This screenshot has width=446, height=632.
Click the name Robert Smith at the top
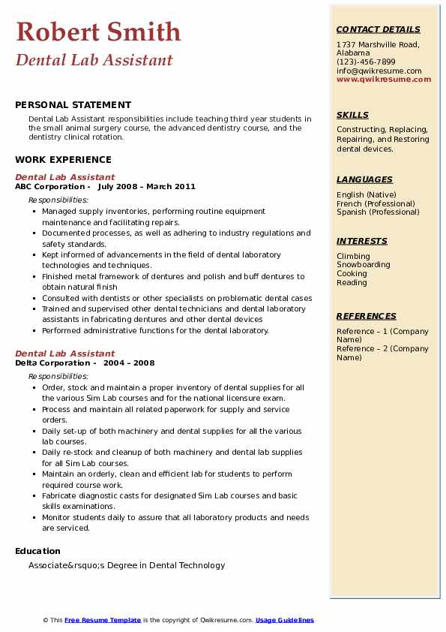[97, 32]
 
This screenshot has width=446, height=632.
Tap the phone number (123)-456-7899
[366, 62]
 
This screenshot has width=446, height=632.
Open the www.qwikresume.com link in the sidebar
[384, 79]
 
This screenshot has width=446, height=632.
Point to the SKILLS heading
[352, 115]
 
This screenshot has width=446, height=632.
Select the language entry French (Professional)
[376, 203]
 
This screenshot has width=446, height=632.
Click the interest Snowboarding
[363, 265]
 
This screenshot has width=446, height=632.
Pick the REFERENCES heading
[366, 316]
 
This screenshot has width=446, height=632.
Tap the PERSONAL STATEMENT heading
[73, 105]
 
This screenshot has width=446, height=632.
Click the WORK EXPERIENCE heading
[63, 159]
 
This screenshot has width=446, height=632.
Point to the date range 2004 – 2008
[129, 363]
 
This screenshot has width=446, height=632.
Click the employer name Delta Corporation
[52, 363]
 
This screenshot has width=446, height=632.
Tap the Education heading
[38, 551]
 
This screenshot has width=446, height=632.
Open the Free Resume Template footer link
[103, 620]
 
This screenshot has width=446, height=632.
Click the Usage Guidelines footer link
[284, 620]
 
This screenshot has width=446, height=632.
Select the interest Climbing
[352, 256]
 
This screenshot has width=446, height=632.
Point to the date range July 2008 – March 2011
[146, 187]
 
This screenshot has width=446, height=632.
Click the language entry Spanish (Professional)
[378, 212]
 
